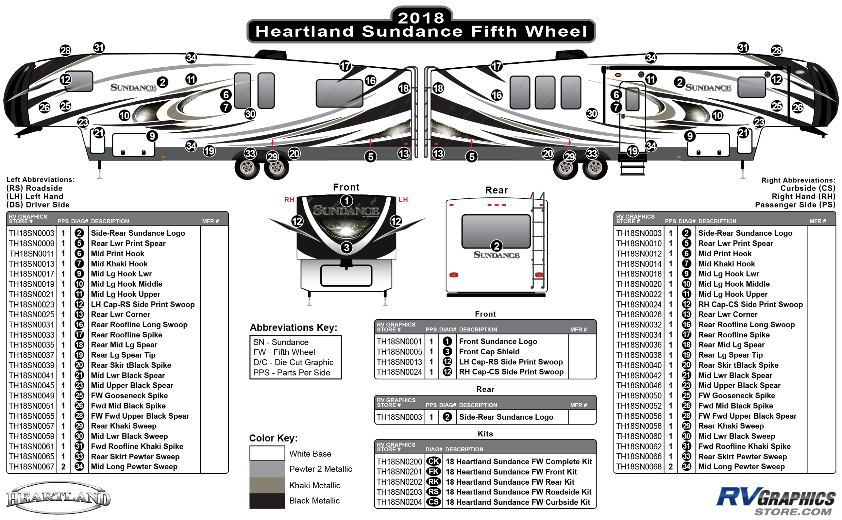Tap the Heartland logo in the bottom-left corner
pyautogui.click(x=59, y=498)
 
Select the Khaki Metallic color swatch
pyautogui.click(x=267, y=485)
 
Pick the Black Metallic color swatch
pyautogui.click(x=267, y=501)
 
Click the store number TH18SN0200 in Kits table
pyautogui.click(x=399, y=461)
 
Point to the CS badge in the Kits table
pyautogui.click(x=433, y=502)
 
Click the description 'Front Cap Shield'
pyautogui.click(x=489, y=352)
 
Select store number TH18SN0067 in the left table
pyautogui.click(x=32, y=467)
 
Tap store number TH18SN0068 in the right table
pyautogui.click(x=639, y=467)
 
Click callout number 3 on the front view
pyautogui.click(x=346, y=247)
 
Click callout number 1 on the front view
pyautogui.click(x=346, y=200)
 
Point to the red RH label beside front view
pyautogui.click(x=289, y=200)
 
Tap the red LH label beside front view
pyautogui.click(x=403, y=200)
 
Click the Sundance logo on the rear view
pyautogui.click(x=496, y=255)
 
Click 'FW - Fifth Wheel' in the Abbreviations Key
pyautogui.click(x=284, y=352)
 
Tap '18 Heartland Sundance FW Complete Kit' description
pyautogui.click(x=519, y=461)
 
